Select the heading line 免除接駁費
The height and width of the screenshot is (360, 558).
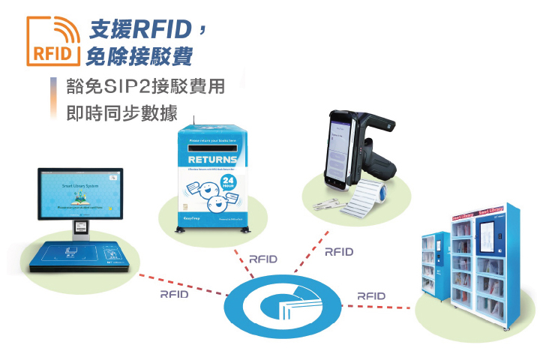coord(139,55)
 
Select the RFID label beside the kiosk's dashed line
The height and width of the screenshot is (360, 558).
coord(174,294)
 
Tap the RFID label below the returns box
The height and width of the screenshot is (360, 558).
coord(262,259)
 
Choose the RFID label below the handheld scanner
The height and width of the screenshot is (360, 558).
coord(338,252)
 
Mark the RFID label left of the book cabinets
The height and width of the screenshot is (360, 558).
coord(371,295)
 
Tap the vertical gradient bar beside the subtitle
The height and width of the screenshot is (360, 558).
coord(54,98)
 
